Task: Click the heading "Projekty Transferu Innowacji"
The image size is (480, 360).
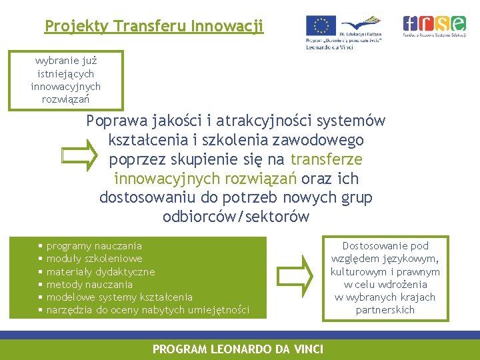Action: coord(154,26)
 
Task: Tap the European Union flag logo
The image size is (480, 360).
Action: coord(321,26)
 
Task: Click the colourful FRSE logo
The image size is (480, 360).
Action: coord(434,24)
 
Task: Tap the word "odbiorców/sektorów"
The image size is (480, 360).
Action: coord(236,217)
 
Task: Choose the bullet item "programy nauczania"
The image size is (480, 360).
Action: coord(94,246)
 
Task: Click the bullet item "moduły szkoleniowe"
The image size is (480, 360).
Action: coord(94,259)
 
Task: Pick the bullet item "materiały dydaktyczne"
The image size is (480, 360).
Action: coord(100,272)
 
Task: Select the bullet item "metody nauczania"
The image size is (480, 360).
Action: coord(89,285)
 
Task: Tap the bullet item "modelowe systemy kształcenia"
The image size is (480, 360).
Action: coord(119,297)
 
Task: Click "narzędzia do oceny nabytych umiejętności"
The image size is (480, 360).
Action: coord(148,310)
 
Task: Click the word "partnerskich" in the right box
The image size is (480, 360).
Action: coord(385,310)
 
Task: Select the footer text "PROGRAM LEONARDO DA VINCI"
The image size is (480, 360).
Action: coord(238,349)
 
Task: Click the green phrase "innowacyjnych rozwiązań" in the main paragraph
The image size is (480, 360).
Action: coord(206,179)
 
